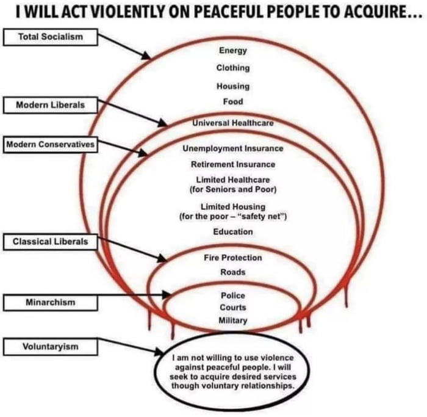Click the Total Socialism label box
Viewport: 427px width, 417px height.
click(x=51, y=37)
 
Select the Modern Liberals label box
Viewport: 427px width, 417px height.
click(x=51, y=105)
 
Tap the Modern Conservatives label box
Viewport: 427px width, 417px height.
click(x=51, y=145)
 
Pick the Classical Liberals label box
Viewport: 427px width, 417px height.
click(x=51, y=242)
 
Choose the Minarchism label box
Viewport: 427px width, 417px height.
click(x=51, y=303)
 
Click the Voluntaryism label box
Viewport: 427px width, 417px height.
click(x=51, y=347)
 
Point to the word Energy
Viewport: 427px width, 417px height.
click(x=233, y=51)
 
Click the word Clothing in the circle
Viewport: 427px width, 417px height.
click(x=233, y=68)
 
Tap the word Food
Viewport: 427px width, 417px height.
click(x=233, y=102)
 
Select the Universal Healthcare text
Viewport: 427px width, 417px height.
click(x=233, y=123)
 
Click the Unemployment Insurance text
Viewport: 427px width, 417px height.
click(x=233, y=148)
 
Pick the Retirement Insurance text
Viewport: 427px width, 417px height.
click(x=233, y=165)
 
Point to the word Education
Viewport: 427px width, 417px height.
click(x=233, y=232)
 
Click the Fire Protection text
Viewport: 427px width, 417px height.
click(x=233, y=258)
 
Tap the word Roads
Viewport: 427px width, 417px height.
click(x=233, y=272)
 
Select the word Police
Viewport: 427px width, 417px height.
click(x=233, y=296)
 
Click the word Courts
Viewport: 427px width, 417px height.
click(x=233, y=308)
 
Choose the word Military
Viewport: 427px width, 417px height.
click(x=233, y=321)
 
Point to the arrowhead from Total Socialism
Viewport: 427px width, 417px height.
click(x=146, y=56)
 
